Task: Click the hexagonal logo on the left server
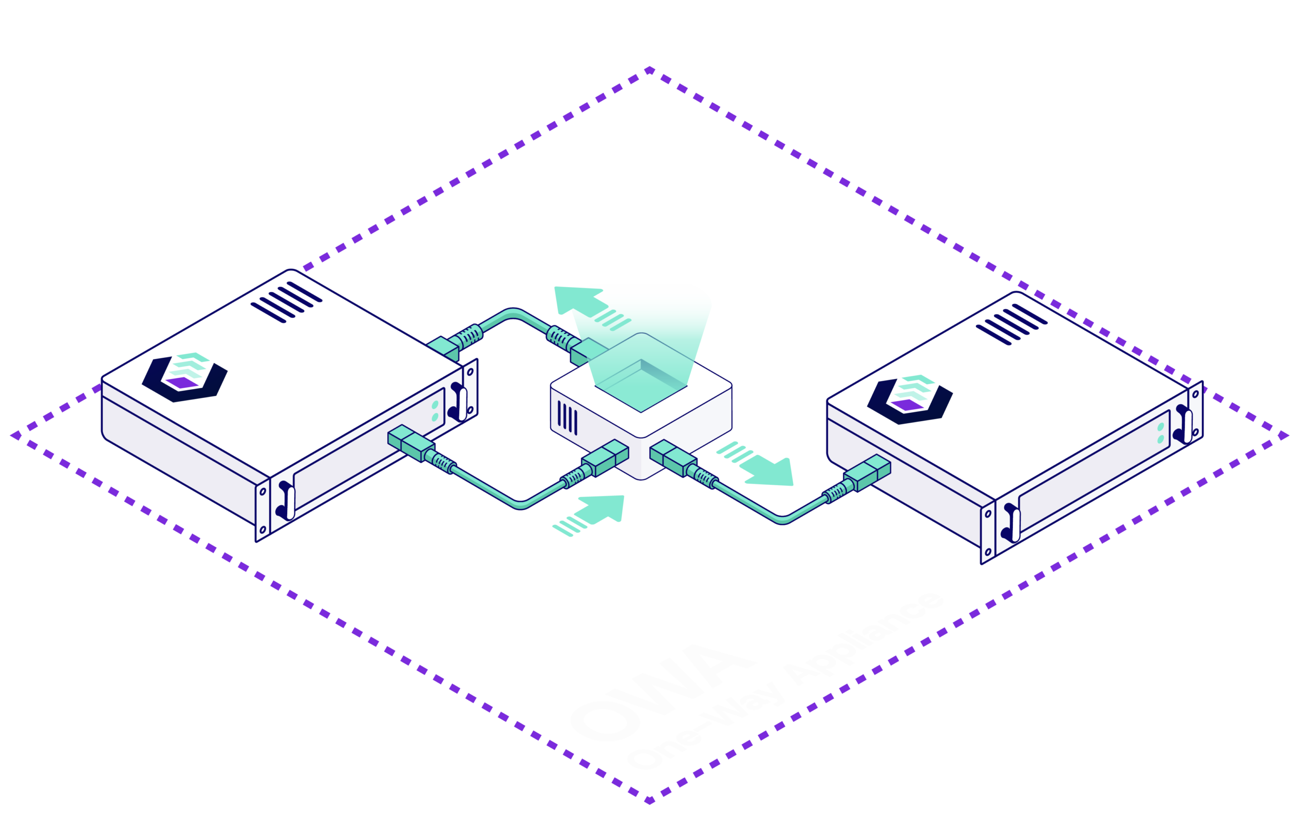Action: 184,377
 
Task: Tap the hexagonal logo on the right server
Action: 910,399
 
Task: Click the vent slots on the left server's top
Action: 286,302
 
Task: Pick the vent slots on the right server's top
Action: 1011,325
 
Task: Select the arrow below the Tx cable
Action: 595,514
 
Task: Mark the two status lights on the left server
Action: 435,411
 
